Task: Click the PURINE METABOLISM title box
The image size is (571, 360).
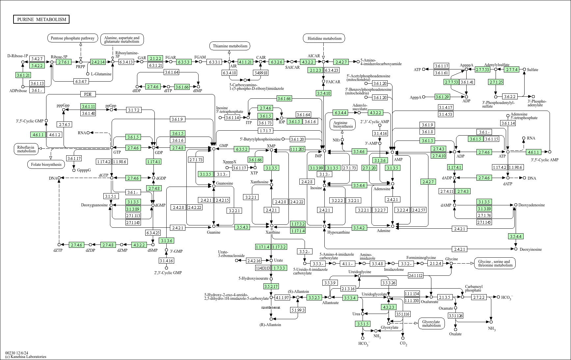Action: [41, 19]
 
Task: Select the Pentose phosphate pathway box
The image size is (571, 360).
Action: [73, 38]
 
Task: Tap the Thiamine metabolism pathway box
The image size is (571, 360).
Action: [230, 46]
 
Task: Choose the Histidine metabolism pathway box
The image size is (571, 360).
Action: [324, 39]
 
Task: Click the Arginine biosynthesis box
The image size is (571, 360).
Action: [343, 124]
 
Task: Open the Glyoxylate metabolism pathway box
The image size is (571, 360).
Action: [431, 323]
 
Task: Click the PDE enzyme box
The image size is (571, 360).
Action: [88, 94]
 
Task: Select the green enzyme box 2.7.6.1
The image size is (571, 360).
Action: [64, 62]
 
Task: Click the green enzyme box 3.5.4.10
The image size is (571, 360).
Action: [323, 93]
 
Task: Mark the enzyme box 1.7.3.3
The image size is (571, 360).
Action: [279, 268]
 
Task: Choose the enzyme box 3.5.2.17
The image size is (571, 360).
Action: [271, 286]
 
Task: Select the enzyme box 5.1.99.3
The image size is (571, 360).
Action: [298, 310]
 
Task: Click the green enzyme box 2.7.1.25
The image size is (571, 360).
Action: [496, 82]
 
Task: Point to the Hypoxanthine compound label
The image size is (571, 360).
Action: [339, 232]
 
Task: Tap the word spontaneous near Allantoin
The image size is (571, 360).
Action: [271, 307]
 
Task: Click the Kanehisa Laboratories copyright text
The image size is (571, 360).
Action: [26, 357]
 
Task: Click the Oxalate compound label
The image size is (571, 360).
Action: [455, 334]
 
